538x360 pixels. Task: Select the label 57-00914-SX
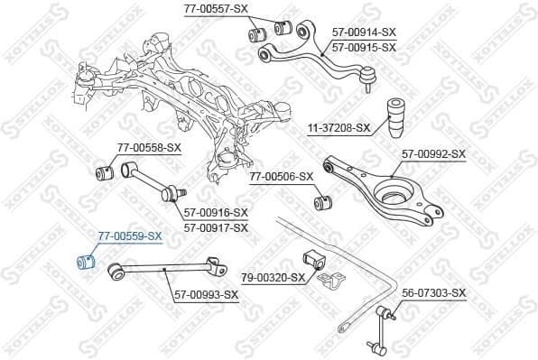tap(363, 32)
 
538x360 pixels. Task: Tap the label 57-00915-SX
tap(363, 46)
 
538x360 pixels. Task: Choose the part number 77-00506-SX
tap(281, 177)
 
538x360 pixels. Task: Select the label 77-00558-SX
tap(149, 147)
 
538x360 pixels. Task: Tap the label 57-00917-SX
tap(216, 227)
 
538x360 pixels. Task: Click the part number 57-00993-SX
tap(206, 294)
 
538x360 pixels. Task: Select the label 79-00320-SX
tap(273, 278)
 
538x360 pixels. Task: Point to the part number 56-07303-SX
tap(433, 293)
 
